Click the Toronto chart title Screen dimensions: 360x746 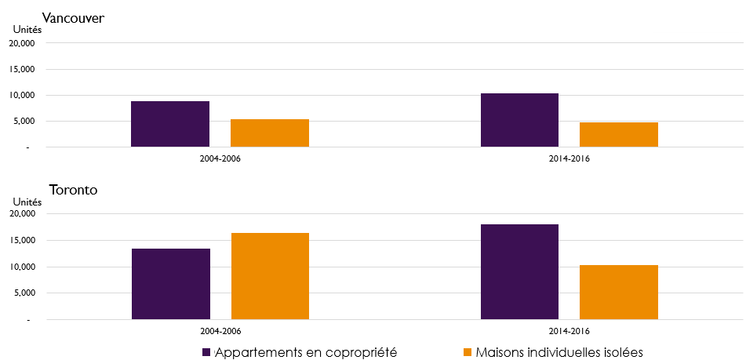(72, 189)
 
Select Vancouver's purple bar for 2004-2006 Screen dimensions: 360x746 (170, 124)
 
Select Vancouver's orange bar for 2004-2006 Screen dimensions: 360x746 (269, 133)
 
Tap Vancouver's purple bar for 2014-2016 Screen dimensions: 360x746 (519, 120)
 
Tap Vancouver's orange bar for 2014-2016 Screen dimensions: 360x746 (618, 135)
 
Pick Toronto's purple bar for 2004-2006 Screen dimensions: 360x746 (170, 284)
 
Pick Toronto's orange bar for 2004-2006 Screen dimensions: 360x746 (269, 276)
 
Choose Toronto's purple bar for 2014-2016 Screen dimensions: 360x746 (519, 272)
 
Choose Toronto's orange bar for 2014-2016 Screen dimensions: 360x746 (618, 293)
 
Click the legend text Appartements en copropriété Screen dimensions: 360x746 (306, 352)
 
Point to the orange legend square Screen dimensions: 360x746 (468, 352)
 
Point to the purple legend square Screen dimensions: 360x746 (206, 352)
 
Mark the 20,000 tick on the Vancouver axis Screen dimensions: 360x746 (21, 43)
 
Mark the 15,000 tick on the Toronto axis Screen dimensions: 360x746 (21, 241)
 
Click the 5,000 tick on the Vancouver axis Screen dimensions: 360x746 (24, 122)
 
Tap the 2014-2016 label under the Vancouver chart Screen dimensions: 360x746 (570, 158)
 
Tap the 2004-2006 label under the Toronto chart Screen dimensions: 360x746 (220, 331)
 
